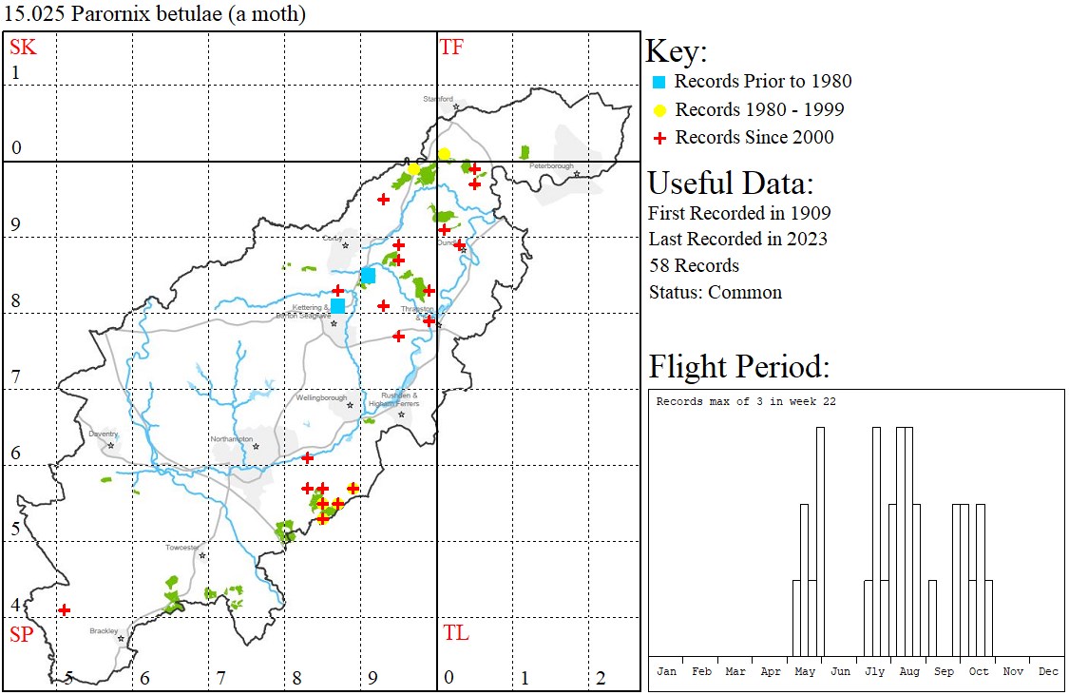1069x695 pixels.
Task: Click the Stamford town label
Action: pyautogui.click(x=437, y=98)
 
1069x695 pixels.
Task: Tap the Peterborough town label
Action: pyautogui.click(x=552, y=166)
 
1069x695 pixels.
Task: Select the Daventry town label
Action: pyautogui.click(x=103, y=434)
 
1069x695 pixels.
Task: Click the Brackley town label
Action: pyautogui.click(x=104, y=630)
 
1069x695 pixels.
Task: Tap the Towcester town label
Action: pyautogui.click(x=182, y=548)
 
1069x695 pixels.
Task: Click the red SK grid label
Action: pyautogui.click(x=23, y=48)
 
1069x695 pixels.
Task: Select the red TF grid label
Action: pyautogui.click(x=451, y=48)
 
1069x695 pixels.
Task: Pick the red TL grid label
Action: pyautogui.click(x=455, y=633)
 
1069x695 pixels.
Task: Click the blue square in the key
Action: pyautogui.click(x=659, y=82)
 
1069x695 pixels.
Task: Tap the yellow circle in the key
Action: pyautogui.click(x=659, y=110)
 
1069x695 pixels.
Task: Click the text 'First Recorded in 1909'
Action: pyautogui.click(x=739, y=212)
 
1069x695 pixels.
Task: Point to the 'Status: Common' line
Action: pyautogui.click(x=716, y=292)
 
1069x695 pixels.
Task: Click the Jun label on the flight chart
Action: pyautogui.click(x=840, y=671)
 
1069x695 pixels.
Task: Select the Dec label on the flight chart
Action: pyautogui.click(x=1048, y=671)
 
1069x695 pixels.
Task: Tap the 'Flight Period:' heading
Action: pyautogui.click(x=739, y=366)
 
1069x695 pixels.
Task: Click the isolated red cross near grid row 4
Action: pyautogui.click(x=64, y=609)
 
